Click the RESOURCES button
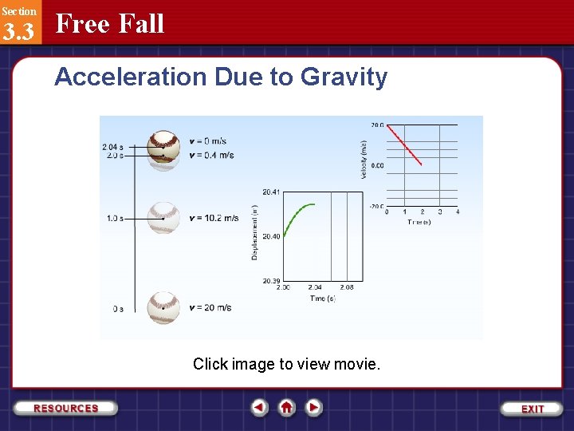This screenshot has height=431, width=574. [x=65, y=408]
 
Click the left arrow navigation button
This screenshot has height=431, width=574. [x=260, y=408]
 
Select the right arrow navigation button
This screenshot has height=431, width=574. [x=314, y=408]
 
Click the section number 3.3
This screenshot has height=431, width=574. [x=18, y=32]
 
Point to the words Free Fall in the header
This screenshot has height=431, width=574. [x=110, y=24]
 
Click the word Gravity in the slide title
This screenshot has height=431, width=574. [x=344, y=77]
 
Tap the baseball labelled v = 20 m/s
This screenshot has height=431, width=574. [x=163, y=306]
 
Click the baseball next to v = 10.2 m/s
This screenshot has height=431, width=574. [x=163, y=216]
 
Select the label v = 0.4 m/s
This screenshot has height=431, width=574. [x=211, y=155]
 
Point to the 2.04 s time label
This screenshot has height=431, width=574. [x=112, y=147]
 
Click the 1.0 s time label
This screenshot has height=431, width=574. [x=115, y=218]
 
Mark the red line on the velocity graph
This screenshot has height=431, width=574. [x=405, y=144]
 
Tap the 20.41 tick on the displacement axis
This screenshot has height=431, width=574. [x=271, y=192]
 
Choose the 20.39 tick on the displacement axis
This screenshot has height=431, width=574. [x=271, y=282]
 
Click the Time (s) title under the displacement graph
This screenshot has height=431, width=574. [x=322, y=299]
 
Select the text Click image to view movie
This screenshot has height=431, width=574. [x=287, y=364]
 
